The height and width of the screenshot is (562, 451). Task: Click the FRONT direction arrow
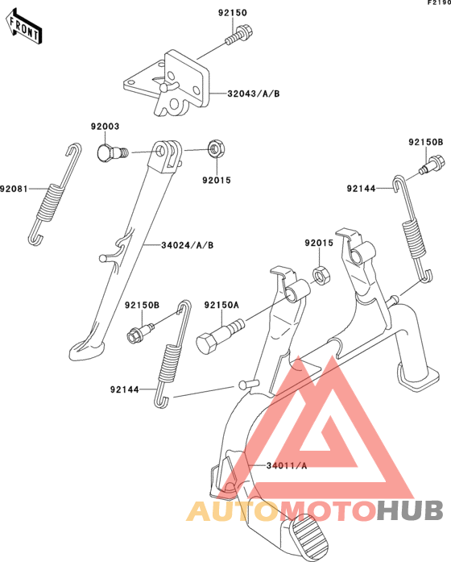pos(24,27)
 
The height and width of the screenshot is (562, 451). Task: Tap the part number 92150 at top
pos(233,13)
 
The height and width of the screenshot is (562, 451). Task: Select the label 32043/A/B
pos(254,94)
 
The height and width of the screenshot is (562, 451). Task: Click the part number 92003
pos(105,126)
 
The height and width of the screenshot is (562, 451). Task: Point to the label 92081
pos(14,189)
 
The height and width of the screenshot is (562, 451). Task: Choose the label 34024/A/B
pos(187,245)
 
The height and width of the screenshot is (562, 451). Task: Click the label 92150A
pos(221,305)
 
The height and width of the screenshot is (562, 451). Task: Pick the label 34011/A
pos(287,465)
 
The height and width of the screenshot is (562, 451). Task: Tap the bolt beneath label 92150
pos(240,35)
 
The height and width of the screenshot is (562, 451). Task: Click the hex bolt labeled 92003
pos(112,153)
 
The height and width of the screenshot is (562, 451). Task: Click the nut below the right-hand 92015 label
pos(321,275)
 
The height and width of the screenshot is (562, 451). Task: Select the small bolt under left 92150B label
pos(140,333)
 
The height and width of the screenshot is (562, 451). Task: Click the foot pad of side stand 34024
pos(87,351)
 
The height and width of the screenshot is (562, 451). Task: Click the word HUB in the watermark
pos(410,510)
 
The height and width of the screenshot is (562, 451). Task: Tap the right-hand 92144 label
pos(361,189)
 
